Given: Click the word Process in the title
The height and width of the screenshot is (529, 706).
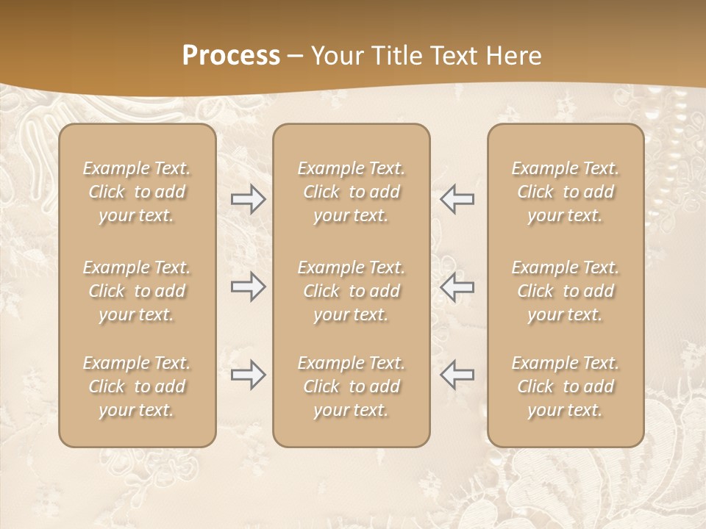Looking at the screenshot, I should click(231, 56).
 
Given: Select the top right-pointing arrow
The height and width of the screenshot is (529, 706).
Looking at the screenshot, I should click(248, 199).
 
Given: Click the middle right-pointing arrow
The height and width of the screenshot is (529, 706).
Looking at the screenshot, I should click(248, 287).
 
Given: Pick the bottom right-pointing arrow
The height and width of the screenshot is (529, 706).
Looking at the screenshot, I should click(248, 375).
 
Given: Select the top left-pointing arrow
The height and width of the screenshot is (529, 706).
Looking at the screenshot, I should click(457, 199).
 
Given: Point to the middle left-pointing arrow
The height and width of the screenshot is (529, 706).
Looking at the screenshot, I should click(457, 287).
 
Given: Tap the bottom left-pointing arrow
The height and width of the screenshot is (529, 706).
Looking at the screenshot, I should click(457, 375).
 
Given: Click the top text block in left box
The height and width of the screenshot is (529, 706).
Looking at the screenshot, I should click(137, 192).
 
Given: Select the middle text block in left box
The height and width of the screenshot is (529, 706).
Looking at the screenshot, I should click(137, 291).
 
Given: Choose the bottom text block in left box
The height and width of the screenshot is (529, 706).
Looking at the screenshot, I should click(137, 386).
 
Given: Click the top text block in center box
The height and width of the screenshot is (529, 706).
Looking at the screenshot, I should click(351, 192).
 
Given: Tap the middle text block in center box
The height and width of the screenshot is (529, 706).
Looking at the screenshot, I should click(351, 291).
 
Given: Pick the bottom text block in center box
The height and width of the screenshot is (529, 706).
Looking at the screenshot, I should click(351, 386).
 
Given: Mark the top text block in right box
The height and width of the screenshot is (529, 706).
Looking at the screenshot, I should click(565, 192).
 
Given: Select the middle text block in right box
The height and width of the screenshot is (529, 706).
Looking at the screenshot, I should click(565, 291).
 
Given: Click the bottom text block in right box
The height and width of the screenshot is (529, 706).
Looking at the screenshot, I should click(565, 386).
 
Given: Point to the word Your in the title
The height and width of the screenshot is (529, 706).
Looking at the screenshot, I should click(338, 56).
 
